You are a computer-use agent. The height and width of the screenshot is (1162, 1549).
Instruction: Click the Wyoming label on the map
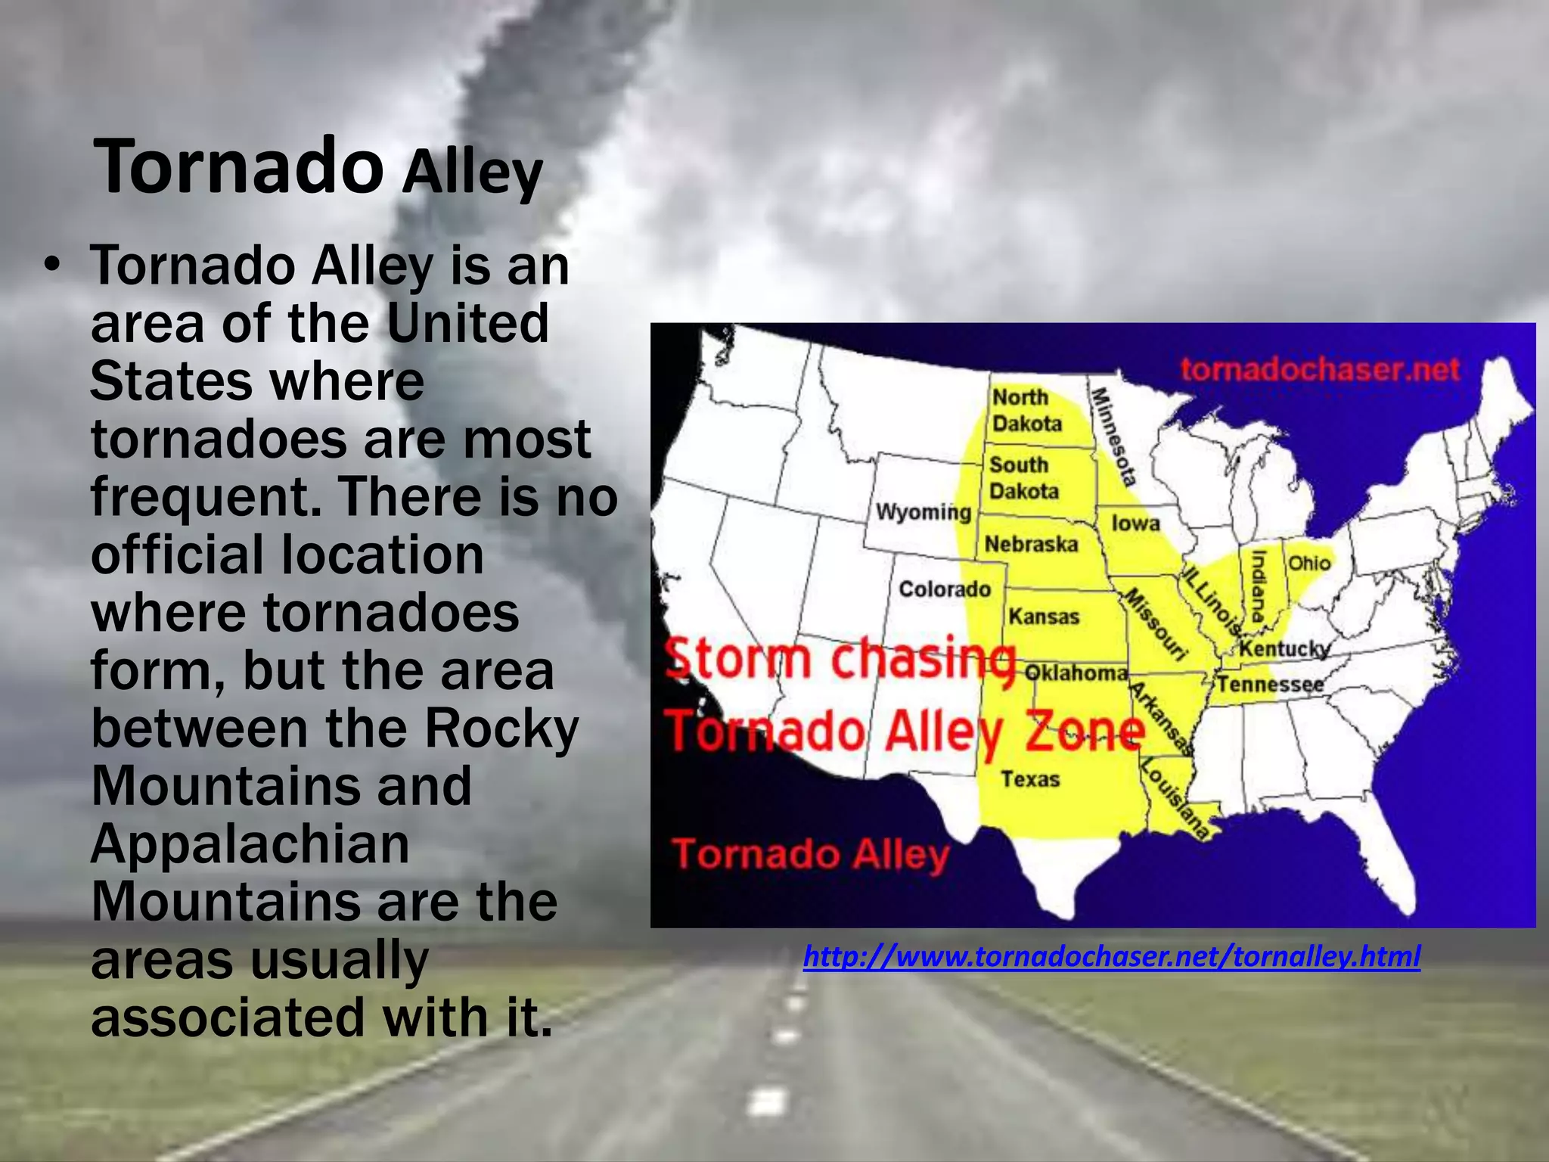point(924,512)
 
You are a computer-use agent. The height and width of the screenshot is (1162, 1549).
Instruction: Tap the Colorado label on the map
point(945,589)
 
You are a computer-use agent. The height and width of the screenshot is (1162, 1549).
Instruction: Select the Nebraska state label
point(1031,544)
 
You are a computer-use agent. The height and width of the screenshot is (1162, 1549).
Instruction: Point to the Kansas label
point(1044,617)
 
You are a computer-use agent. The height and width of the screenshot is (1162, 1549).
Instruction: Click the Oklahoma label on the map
point(1076,673)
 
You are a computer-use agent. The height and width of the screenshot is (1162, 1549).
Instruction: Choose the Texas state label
point(1030,778)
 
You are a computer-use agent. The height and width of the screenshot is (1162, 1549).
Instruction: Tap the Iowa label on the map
point(1135,523)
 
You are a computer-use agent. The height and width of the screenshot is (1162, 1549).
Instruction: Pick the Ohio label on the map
point(1309,563)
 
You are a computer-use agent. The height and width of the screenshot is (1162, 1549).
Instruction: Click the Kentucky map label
point(1284,649)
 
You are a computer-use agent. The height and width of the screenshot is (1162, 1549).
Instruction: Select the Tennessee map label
point(1271,685)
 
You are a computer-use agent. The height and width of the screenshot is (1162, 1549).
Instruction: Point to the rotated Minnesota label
point(1113,436)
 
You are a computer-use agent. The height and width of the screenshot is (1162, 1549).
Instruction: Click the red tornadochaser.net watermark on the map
point(1320,369)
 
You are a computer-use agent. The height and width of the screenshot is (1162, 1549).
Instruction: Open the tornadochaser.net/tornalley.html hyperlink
point(1112,956)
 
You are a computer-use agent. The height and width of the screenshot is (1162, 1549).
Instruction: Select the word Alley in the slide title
point(472,172)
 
